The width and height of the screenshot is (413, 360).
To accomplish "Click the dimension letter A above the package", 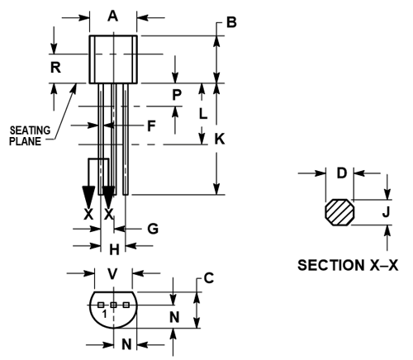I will (113, 15).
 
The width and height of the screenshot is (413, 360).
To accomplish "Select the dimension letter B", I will (232, 22).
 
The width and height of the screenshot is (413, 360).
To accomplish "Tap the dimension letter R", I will (55, 68).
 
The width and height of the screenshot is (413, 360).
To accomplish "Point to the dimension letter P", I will (176, 95).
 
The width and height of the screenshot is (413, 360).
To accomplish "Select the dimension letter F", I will (150, 126).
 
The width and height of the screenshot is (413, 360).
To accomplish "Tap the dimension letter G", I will (152, 227).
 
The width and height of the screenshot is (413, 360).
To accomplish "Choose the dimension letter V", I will (113, 274).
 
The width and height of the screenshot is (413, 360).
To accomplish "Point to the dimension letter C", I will (209, 279).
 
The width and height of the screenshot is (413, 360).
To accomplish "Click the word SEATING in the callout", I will (30, 130).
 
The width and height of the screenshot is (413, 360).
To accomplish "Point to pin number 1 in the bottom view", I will (104, 315).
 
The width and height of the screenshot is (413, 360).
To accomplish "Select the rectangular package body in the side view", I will (114, 59).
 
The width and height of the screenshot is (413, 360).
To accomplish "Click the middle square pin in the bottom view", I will (114, 305).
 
